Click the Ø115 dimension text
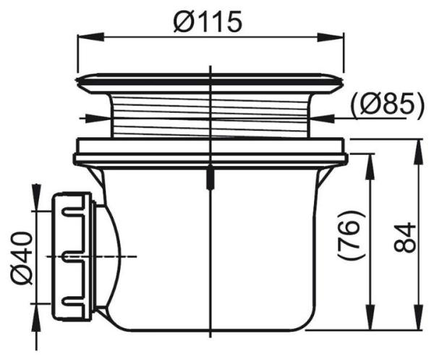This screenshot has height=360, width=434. (207, 22)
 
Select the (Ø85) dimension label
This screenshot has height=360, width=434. (387, 105)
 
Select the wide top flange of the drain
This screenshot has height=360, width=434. (210, 82)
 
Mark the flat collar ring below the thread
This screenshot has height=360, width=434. (210, 154)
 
